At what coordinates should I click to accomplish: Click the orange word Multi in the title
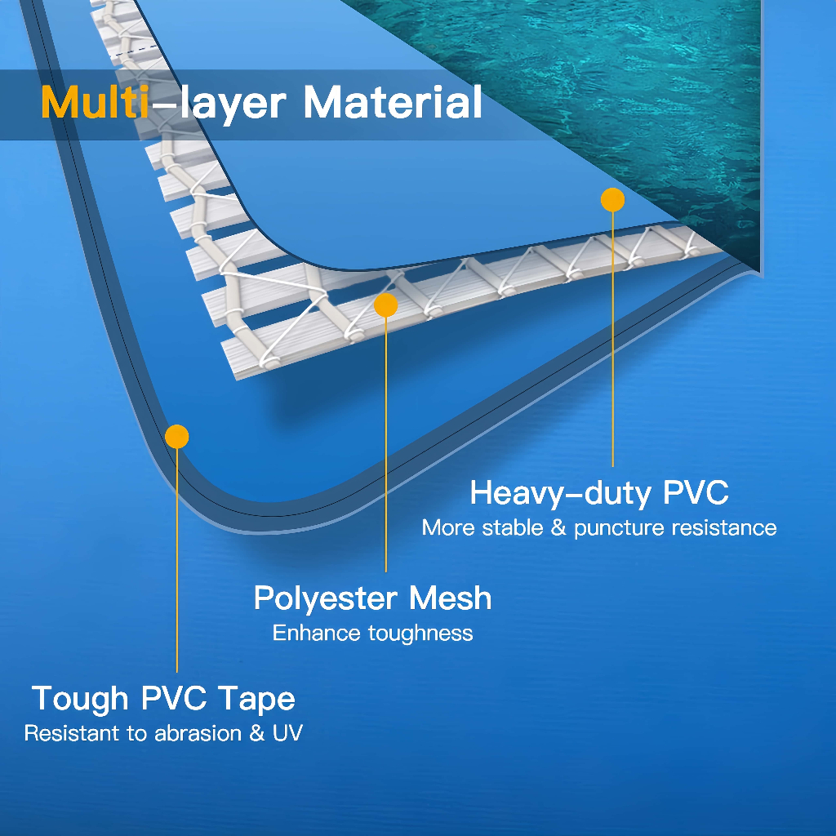[x=89, y=103]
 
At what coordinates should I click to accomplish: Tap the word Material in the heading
[x=392, y=103]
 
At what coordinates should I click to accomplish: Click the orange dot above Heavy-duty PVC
[x=612, y=200]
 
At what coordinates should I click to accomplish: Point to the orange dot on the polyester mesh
[x=385, y=305]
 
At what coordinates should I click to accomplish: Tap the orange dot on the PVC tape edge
[x=176, y=437]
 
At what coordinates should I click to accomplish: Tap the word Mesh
[x=451, y=598]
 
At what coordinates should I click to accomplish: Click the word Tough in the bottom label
[x=80, y=699]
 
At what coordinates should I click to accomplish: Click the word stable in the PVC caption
[x=514, y=528]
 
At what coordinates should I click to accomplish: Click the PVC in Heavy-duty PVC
[x=695, y=493]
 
